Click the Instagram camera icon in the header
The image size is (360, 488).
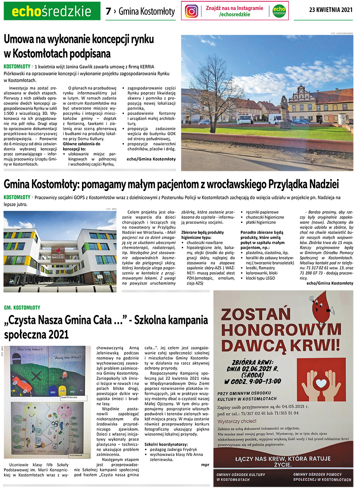coord(192,11)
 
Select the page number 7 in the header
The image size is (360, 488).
coord(108,11)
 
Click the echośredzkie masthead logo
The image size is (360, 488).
coord(52,11)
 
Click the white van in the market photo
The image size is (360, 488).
coord(275,118)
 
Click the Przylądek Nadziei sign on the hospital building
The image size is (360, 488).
coord(58,253)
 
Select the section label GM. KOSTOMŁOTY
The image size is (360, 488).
coord(22,307)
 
